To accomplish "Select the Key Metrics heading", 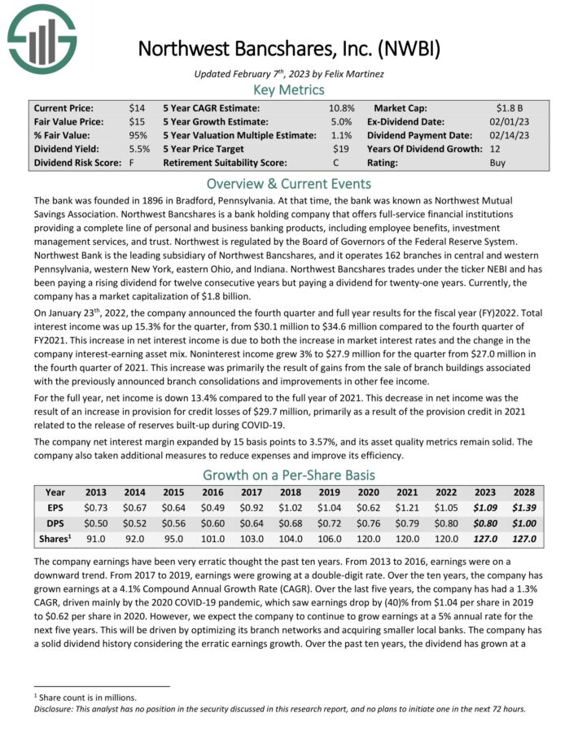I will pyautogui.click(x=289, y=90).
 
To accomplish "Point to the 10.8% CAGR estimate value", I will pyautogui.click(x=341, y=107).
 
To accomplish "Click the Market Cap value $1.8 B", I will pyautogui.click(x=510, y=107).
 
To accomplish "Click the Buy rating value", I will pyautogui.click(x=497, y=163).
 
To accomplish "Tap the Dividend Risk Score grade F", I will pyautogui.click(x=132, y=163).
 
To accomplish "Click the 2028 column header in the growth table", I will pyautogui.click(x=523, y=492).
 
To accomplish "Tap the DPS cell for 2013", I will pyautogui.click(x=96, y=523).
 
